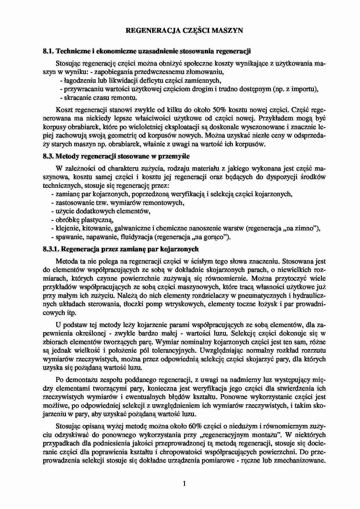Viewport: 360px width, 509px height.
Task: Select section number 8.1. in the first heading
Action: pos(48,51)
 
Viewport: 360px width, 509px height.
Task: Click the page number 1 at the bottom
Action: pos(184,483)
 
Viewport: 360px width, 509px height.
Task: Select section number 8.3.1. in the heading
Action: pos(51,249)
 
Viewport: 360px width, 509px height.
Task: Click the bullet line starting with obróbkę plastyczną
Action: pos(82,220)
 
